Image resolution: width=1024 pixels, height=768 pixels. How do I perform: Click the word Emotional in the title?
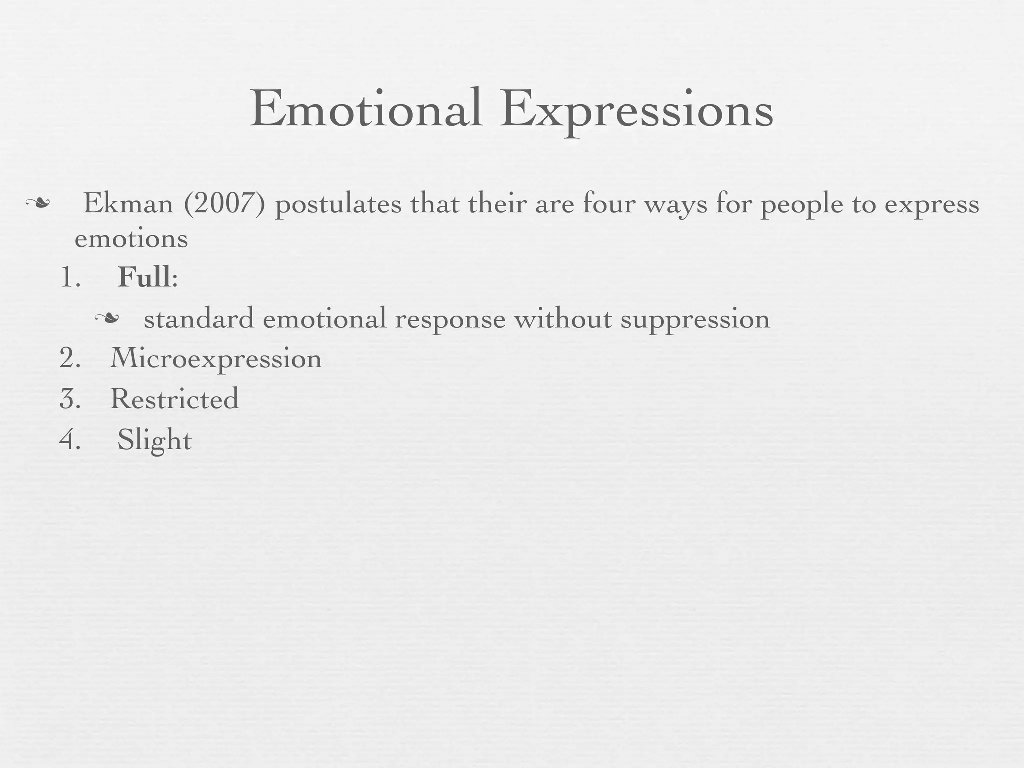click(366, 109)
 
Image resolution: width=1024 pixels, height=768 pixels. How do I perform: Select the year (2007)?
click(224, 204)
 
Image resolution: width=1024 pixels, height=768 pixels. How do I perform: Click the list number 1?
click(69, 277)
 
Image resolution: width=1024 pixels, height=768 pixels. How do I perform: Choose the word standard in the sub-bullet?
click(199, 319)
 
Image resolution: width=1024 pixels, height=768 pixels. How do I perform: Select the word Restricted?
click(174, 399)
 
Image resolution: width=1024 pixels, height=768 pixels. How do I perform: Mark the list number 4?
click(70, 440)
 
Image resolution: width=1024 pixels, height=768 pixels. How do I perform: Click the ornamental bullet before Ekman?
click(38, 203)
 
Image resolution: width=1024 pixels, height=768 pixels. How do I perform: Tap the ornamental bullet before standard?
click(107, 318)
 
